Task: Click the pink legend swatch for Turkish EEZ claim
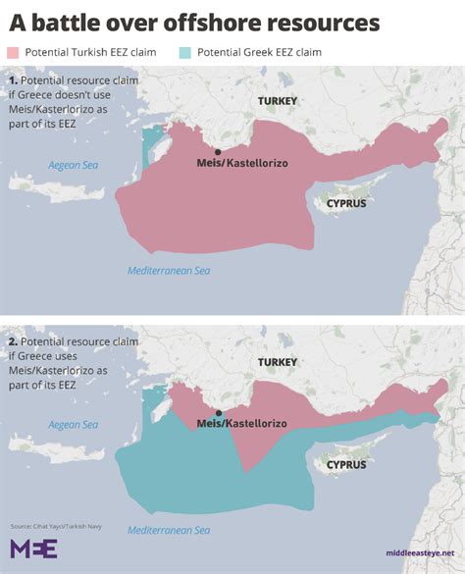click(x=13, y=52)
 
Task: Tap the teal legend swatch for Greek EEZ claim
click(x=186, y=52)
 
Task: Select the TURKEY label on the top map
click(x=277, y=101)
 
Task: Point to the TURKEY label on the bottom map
click(x=277, y=362)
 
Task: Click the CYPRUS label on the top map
click(x=345, y=203)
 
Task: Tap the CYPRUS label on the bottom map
click(x=345, y=464)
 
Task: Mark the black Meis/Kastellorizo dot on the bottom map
click(x=217, y=414)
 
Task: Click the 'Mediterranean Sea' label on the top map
click(x=169, y=271)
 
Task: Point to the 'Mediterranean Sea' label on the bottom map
click(x=169, y=531)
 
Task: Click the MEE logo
click(x=33, y=548)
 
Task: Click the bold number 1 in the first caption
click(x=12, y=78)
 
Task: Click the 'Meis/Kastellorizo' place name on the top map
click(x=232, y=165)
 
